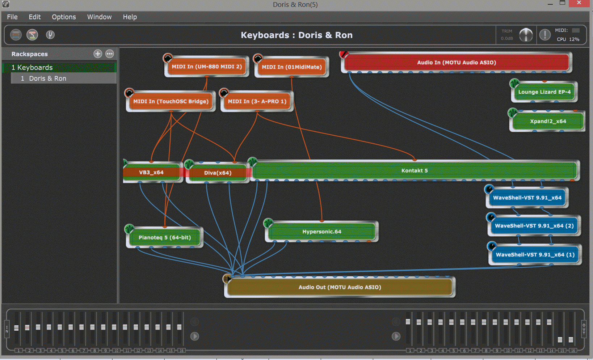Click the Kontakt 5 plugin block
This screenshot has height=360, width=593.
(x=414, y=170)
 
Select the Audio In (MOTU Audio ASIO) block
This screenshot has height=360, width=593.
(x=456, y=63)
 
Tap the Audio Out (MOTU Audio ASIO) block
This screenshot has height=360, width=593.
(x=340, y=287)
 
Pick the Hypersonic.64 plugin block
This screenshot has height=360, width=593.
(x=321, y=232)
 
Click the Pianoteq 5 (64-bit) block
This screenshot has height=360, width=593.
(x=164, y=238)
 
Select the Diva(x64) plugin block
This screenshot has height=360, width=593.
(x=218, y=173)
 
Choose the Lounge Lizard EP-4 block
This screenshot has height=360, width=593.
(x=544, y=92)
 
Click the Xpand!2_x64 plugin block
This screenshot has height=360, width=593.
(x=548, y=121)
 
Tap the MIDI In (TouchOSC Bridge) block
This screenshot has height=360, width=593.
(x=171, y=101)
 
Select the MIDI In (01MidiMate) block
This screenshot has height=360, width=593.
(x=291, y=67)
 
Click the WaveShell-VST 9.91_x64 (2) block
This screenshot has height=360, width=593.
(x=534, y=226)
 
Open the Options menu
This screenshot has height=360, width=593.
(x=64, y=17)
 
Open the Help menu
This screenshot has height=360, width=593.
(x=130, y=17)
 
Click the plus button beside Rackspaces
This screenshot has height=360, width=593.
(x=98, y=54)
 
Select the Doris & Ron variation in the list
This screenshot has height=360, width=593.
(x=47, y=79)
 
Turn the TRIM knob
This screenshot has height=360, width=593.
(x=526, y=35)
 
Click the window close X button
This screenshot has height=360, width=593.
(x=579, y=3)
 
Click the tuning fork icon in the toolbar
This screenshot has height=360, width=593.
(x=50, y=35)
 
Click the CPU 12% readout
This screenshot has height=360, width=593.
(x=568, y=39)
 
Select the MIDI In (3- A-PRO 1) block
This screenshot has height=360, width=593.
(x=257, y=101)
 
